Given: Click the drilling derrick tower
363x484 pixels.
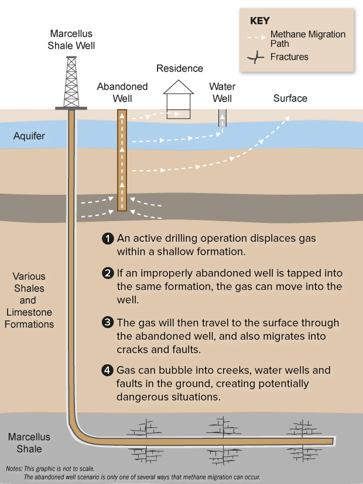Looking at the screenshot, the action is click(71, 82).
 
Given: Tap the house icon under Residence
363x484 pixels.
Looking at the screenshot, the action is click(179, 99).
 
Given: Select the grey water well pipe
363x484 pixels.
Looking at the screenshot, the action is click(222, 118).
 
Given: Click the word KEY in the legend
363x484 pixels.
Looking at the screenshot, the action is click(260, 21).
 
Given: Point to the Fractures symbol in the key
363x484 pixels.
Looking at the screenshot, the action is click(255, 57).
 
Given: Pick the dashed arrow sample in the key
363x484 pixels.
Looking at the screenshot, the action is click(256, 38).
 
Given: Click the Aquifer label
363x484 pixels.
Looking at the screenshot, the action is click(29, 136).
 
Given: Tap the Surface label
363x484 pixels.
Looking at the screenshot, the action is click(290, 98).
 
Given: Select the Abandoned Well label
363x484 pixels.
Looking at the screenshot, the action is click(122, 92).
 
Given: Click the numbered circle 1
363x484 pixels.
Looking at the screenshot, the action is click(108, 239).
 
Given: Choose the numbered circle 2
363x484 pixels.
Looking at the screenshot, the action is click(108, 273).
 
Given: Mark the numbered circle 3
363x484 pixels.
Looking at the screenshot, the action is click(107, 323).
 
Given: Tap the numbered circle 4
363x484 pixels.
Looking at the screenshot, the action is click(107, 370).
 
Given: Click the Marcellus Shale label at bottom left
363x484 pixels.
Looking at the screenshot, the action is click(29, 442).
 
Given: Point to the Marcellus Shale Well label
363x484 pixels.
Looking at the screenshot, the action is click(71, 39).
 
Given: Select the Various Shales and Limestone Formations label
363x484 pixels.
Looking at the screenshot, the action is click(29, 300).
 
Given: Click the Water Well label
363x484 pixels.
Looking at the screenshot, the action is click(222, 92).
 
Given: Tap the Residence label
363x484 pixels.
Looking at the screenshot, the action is click(180, 68).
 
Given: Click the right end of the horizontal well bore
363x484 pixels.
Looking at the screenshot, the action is click(334, 441).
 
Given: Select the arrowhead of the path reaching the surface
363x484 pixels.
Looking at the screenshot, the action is click(288, 119).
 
